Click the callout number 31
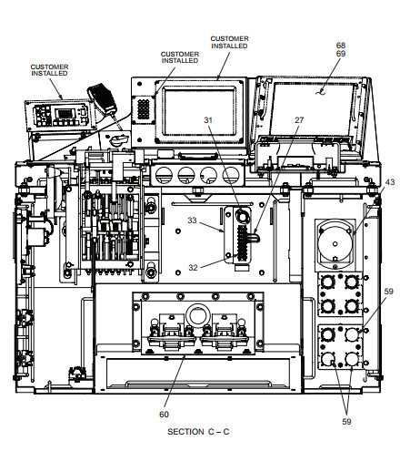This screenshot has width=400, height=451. coord(208,120)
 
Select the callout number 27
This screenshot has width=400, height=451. coord(299,120)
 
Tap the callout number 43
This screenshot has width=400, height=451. coord(390,182)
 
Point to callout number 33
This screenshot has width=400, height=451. coord(192,220)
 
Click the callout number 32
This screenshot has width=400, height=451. coord(193,268)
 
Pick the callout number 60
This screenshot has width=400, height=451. coord(164,415)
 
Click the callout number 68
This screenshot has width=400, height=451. coord(341,46)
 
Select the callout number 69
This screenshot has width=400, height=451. coord(341,54)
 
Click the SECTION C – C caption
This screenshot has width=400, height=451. coord(198,432)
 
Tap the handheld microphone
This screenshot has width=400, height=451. coord(103,98)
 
